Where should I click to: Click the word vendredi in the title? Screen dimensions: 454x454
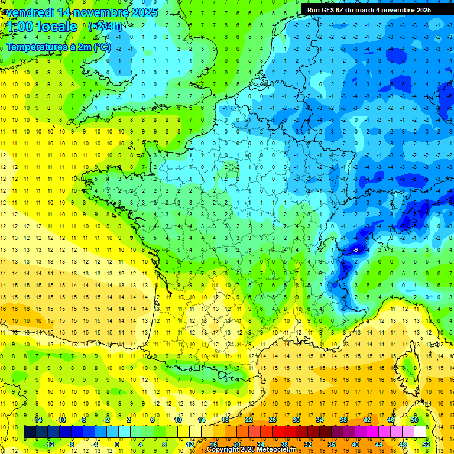(x=32, y=12)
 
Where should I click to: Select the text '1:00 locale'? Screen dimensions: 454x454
(x=42, y=27)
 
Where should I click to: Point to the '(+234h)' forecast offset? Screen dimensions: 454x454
(x=105, y=26)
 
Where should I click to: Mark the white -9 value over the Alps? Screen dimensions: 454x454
(x=355, y=250)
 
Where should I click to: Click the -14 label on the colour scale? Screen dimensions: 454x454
(x=38, y=420)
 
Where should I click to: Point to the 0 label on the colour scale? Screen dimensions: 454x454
(x=116, y=445)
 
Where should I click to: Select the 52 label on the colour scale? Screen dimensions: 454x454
(x=426, y=445)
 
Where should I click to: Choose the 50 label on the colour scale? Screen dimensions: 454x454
(x=414, y=420)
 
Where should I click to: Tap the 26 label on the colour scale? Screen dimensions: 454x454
(x=273, y=420)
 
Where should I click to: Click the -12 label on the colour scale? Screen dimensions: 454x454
(x=50, y=445)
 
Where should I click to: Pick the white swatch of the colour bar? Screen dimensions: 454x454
(x=420, y=432)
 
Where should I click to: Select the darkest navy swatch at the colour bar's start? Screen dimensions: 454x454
(x=30, y=432)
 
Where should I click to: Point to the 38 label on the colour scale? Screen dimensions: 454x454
(x=343, y=420)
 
